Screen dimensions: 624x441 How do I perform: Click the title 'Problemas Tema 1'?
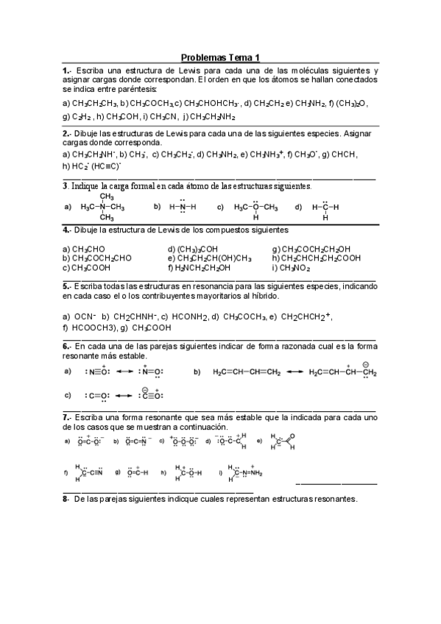(220, 57)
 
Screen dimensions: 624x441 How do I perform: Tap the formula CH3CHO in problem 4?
(84, 249)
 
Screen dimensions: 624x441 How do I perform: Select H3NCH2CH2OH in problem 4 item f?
(202, 268)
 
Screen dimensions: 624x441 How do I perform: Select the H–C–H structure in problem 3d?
(325, 207)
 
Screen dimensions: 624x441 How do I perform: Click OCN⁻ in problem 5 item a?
(80, 316)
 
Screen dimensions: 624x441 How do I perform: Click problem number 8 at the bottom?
(66, 498)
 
